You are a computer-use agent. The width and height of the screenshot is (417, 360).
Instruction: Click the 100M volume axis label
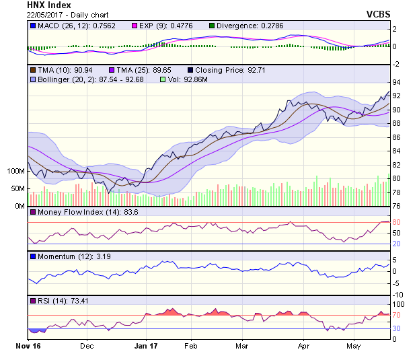coord(15,171)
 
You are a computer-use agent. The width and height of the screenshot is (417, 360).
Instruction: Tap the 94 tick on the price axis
coord(396,81)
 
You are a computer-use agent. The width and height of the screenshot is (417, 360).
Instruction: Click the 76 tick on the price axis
coord(396,206)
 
